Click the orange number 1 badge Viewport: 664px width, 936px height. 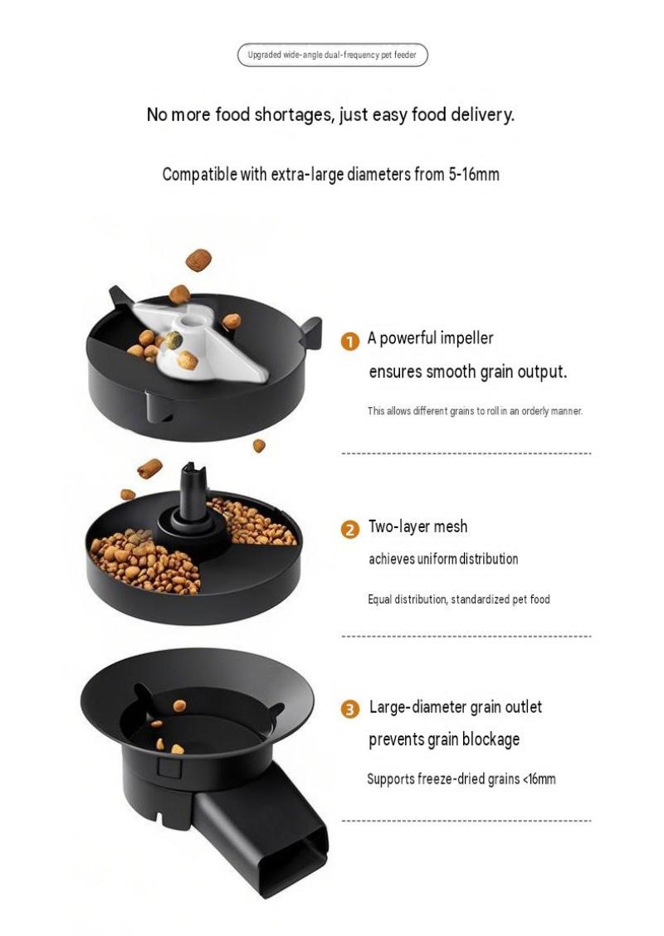coord(349,342)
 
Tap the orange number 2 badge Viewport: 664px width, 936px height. coord(349,530)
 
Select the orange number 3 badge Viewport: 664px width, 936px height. coord(349,709)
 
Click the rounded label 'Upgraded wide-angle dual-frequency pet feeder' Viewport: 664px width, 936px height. coord(332,55)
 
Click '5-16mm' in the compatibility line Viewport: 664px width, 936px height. coord(474,174)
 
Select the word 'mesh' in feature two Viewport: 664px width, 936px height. coord(451,526)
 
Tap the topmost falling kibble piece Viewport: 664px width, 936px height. coord(198,260)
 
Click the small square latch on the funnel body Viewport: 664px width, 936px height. coord(170,767)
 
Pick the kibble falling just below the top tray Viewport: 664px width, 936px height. coord(259,445)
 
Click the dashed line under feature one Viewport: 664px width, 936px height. coord(466,453)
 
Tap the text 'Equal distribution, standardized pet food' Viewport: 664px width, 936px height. coord(458,599)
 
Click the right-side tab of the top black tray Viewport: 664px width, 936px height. coord(312,331)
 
